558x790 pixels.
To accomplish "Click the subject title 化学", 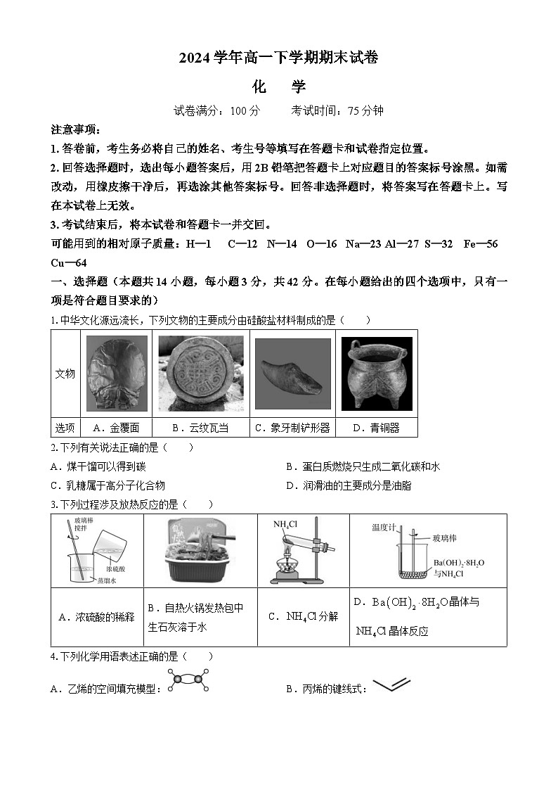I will click(x=278, y=87).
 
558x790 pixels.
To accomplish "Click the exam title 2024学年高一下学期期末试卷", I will click(x=278, y=58).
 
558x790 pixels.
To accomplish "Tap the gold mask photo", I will click(x=117, y=374).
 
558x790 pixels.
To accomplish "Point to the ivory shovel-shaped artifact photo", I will click(x=292, y=374).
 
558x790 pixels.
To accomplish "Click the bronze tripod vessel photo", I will click(x=376, y=374).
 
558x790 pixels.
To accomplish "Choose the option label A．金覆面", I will click(x=116, y=428).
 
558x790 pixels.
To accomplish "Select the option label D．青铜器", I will click(x=376, y=428).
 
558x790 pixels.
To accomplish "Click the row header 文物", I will click(x=65, y=374).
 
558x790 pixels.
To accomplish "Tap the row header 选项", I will click(x=65, y=428).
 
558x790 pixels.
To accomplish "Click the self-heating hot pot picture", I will click(x=200, y=550).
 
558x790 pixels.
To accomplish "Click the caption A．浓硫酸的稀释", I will click(x=96, y=617).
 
